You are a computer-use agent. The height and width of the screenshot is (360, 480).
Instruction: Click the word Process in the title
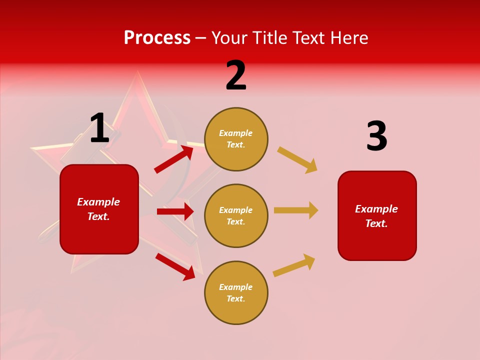click(157, 38)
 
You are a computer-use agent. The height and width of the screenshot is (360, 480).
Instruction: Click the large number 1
click(99, 128)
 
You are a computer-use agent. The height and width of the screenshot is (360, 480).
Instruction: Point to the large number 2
click(236, 75)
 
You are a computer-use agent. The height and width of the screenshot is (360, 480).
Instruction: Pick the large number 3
click(376, 136)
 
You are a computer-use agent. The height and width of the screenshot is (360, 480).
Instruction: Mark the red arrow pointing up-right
click(174, 158)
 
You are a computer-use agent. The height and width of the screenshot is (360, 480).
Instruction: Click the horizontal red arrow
click(175, 211)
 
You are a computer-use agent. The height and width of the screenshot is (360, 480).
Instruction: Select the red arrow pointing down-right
click(175, 266)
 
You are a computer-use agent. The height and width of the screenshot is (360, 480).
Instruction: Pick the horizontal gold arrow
click(296, 210)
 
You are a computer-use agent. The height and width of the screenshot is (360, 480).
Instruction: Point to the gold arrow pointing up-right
click(294, 265)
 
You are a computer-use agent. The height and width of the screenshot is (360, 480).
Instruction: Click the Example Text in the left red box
click(98, 209)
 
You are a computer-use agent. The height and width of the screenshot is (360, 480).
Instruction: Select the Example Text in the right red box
click(376, 216)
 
